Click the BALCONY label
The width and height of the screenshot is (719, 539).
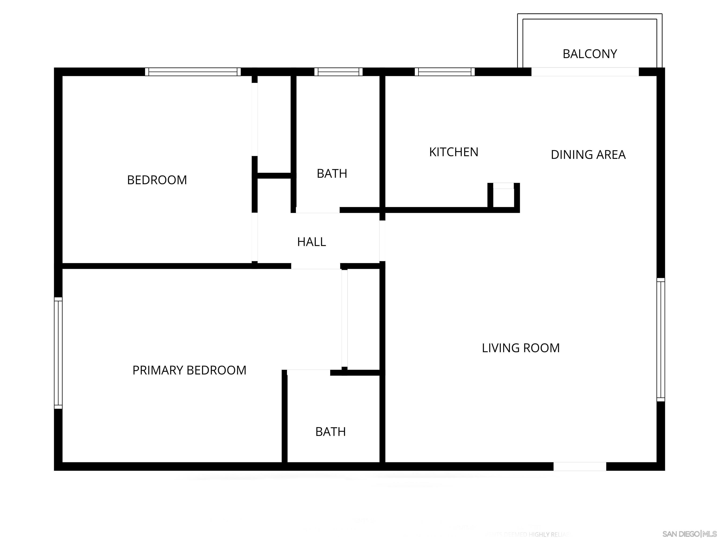(x=590, y=54)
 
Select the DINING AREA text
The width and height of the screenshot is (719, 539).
(x=588, y=155)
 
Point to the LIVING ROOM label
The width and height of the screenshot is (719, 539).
(x=520, y=348)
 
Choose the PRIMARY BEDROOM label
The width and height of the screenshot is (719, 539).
(x=189, y=370)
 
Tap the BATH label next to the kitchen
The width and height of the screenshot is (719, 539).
(x=332, y=174)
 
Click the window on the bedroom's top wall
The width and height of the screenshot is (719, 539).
(x=193, y=72)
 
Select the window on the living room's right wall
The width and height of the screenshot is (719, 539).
(x=660, y=339)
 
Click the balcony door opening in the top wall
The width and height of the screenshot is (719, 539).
(x=585, y=72)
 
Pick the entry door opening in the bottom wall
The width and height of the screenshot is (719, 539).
(x=580, y=466)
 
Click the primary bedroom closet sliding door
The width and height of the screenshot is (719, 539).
(x=344, y=318)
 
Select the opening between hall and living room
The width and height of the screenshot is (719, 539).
(x=382, y=241)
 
